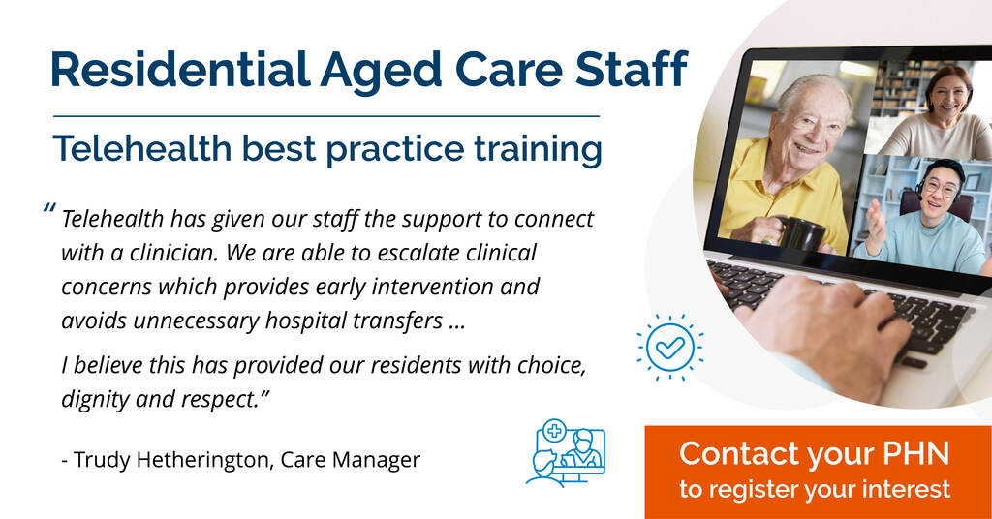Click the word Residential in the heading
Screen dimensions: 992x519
[x=180, y=69]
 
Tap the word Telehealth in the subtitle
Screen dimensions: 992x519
[x=142, y=148]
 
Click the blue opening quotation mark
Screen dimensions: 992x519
[x=49, y=208]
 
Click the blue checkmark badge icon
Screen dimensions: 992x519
[x=670, y=347]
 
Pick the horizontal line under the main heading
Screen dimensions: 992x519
[x=326, y=116]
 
